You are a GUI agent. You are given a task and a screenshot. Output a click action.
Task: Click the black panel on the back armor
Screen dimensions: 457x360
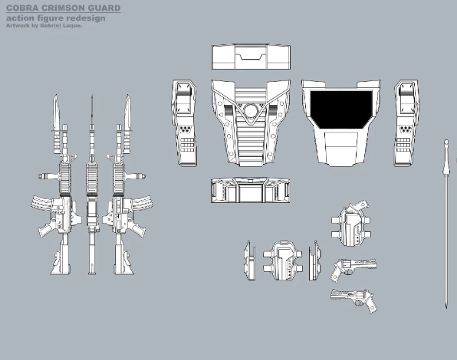tap(341, 109)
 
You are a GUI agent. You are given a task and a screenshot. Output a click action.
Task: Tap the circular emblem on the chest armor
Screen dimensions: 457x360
tap(251, 110)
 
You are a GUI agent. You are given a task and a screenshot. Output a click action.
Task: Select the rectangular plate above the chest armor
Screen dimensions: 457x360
tap(251, 57)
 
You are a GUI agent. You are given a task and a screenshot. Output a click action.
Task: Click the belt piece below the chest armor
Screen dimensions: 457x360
tap(251, 190)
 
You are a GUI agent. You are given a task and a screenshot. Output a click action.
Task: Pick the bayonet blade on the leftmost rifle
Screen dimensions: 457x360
tap(56, 112)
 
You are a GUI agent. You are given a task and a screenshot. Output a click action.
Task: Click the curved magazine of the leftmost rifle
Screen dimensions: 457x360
tap(44, 202)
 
